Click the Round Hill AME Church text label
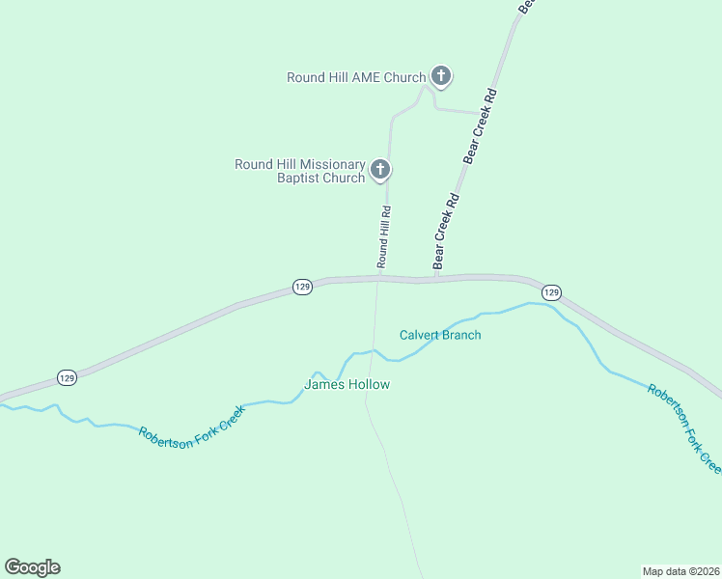[356, 77]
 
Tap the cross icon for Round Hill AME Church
[441, 75]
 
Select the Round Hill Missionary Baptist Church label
[300, 171]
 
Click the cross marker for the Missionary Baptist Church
[380, 171]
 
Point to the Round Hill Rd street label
[384, 236]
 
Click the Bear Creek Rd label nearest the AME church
[481, 126]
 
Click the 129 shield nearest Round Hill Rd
[302, 288]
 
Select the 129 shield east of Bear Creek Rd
[550, 291]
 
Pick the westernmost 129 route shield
[67, 377]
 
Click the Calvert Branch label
[440, 335]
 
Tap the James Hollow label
[347, 384]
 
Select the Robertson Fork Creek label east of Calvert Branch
[683, 427]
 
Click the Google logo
[32, 567]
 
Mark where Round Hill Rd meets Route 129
[379, 279]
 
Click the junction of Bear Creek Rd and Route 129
[436, 279]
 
